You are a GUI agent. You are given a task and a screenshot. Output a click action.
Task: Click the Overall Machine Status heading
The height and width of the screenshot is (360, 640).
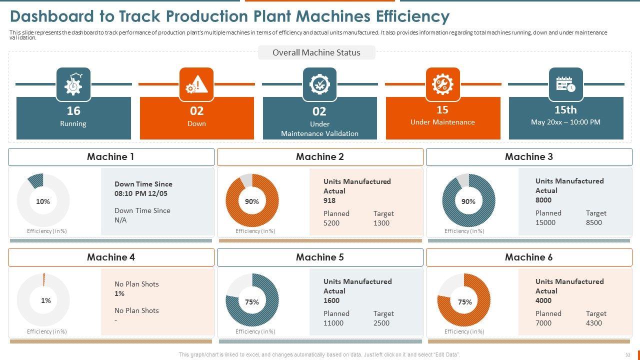coord(316,52)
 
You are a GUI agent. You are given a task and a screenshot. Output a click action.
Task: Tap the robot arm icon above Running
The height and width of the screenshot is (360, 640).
coord(73,84)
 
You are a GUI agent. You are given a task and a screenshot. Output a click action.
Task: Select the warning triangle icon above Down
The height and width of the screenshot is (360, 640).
coord(196,84)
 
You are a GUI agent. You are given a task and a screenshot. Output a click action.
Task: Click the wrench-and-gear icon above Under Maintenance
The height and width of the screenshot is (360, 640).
coord(442,84)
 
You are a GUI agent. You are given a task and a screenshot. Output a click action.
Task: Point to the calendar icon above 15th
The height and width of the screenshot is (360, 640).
coord(565,84)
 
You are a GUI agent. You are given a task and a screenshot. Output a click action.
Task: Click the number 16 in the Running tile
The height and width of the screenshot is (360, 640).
coord(73,110)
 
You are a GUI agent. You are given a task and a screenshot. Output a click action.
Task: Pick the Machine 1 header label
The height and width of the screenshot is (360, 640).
coord(110,156)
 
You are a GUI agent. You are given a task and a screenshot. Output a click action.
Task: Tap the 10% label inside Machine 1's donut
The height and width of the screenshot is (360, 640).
coord(43,201)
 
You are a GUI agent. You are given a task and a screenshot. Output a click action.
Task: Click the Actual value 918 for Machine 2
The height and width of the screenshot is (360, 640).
coord(329,200)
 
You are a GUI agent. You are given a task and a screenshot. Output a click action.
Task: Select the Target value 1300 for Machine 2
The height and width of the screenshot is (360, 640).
coord(381,223)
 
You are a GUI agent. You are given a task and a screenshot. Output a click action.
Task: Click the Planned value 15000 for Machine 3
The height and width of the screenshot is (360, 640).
coord(545,222)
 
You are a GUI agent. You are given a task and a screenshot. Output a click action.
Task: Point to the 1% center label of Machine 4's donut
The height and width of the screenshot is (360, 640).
coord(45,300)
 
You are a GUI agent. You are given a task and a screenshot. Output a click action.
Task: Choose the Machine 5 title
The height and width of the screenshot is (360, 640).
coord(319,257)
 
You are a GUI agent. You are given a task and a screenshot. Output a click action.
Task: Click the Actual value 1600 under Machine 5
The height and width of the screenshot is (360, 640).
coord(331,300)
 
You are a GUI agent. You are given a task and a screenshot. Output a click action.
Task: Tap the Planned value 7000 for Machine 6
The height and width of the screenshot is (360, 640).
coord(543,323)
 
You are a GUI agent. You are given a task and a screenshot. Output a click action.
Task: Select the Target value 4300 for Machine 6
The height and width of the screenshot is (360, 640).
coord(594,323)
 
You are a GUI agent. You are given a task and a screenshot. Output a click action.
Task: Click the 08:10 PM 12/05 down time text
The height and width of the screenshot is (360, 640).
coord(141,193)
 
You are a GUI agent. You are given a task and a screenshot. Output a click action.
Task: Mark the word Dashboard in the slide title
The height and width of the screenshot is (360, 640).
coord(51,16)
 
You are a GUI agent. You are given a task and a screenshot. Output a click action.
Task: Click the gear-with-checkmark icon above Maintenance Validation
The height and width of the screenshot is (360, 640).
coord(319,84)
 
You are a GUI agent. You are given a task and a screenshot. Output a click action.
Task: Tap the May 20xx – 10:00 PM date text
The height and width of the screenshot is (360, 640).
coord(565,122)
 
